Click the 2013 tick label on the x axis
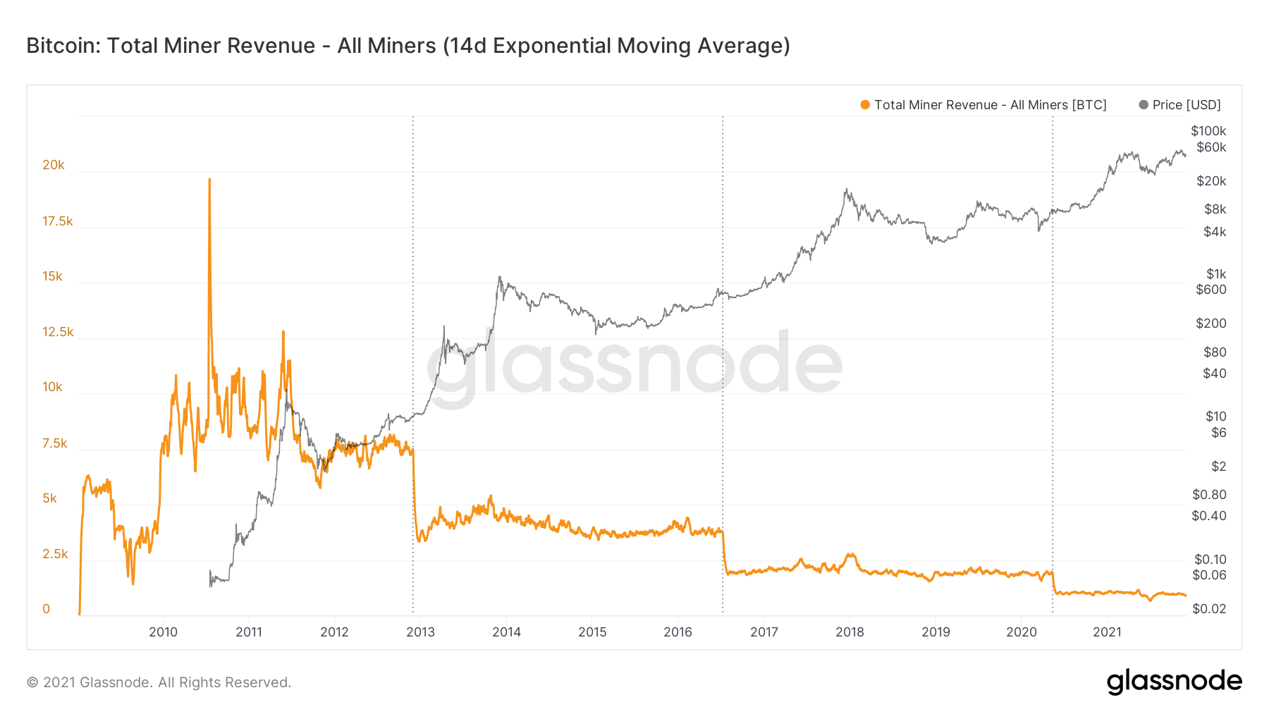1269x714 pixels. coord(420,632)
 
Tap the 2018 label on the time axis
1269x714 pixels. coord(850,632)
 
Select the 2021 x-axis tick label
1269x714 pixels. coord(1107,632)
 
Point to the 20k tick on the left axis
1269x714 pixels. coord(54,165)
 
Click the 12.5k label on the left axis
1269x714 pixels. coord(58,332)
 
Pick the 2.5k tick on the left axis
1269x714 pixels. coord(55,554)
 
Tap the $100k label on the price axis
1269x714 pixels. coord(1208,131)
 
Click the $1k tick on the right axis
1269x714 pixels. coord(1216,274)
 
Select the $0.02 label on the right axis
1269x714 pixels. coord(1209,609)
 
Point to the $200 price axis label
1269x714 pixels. coord(1211,324)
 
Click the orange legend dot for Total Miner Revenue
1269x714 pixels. coord(865,105)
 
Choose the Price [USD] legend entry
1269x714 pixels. coord(1180,105)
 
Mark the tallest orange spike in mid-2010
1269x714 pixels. coord(209,180)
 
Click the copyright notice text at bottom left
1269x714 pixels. coord(159,682)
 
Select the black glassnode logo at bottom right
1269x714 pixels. coord(1174,682)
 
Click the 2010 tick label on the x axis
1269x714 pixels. coord(163,632)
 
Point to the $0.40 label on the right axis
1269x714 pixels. coord(1209,516)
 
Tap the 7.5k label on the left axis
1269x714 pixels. coord(55,443)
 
